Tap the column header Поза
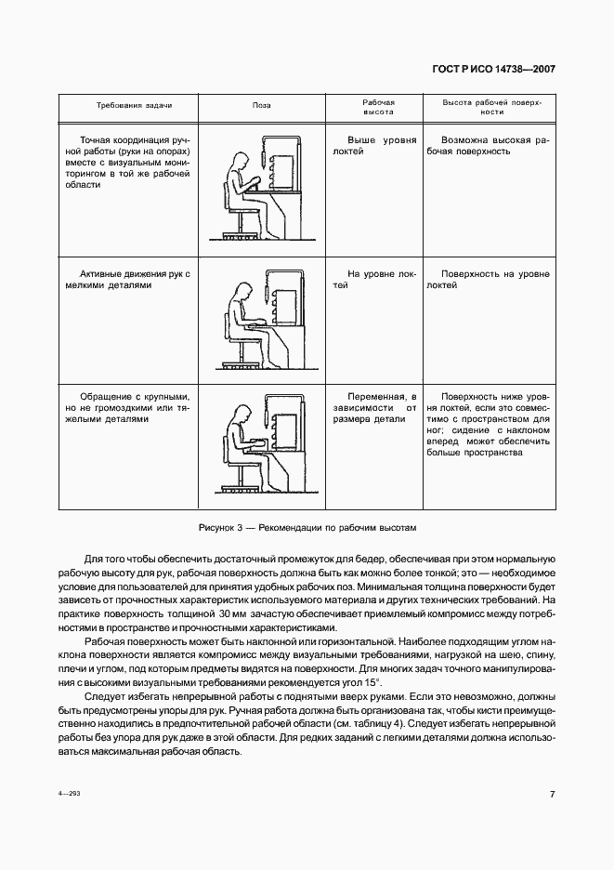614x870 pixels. [x=262, y=105]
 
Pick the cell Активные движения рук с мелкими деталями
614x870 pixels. [x=128, y=280]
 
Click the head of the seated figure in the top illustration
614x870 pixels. [x=240, y=160]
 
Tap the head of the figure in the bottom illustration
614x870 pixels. [x=240, y=415]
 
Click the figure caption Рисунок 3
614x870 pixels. [x=307, y=527]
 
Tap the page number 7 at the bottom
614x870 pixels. [x=552, y=795]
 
